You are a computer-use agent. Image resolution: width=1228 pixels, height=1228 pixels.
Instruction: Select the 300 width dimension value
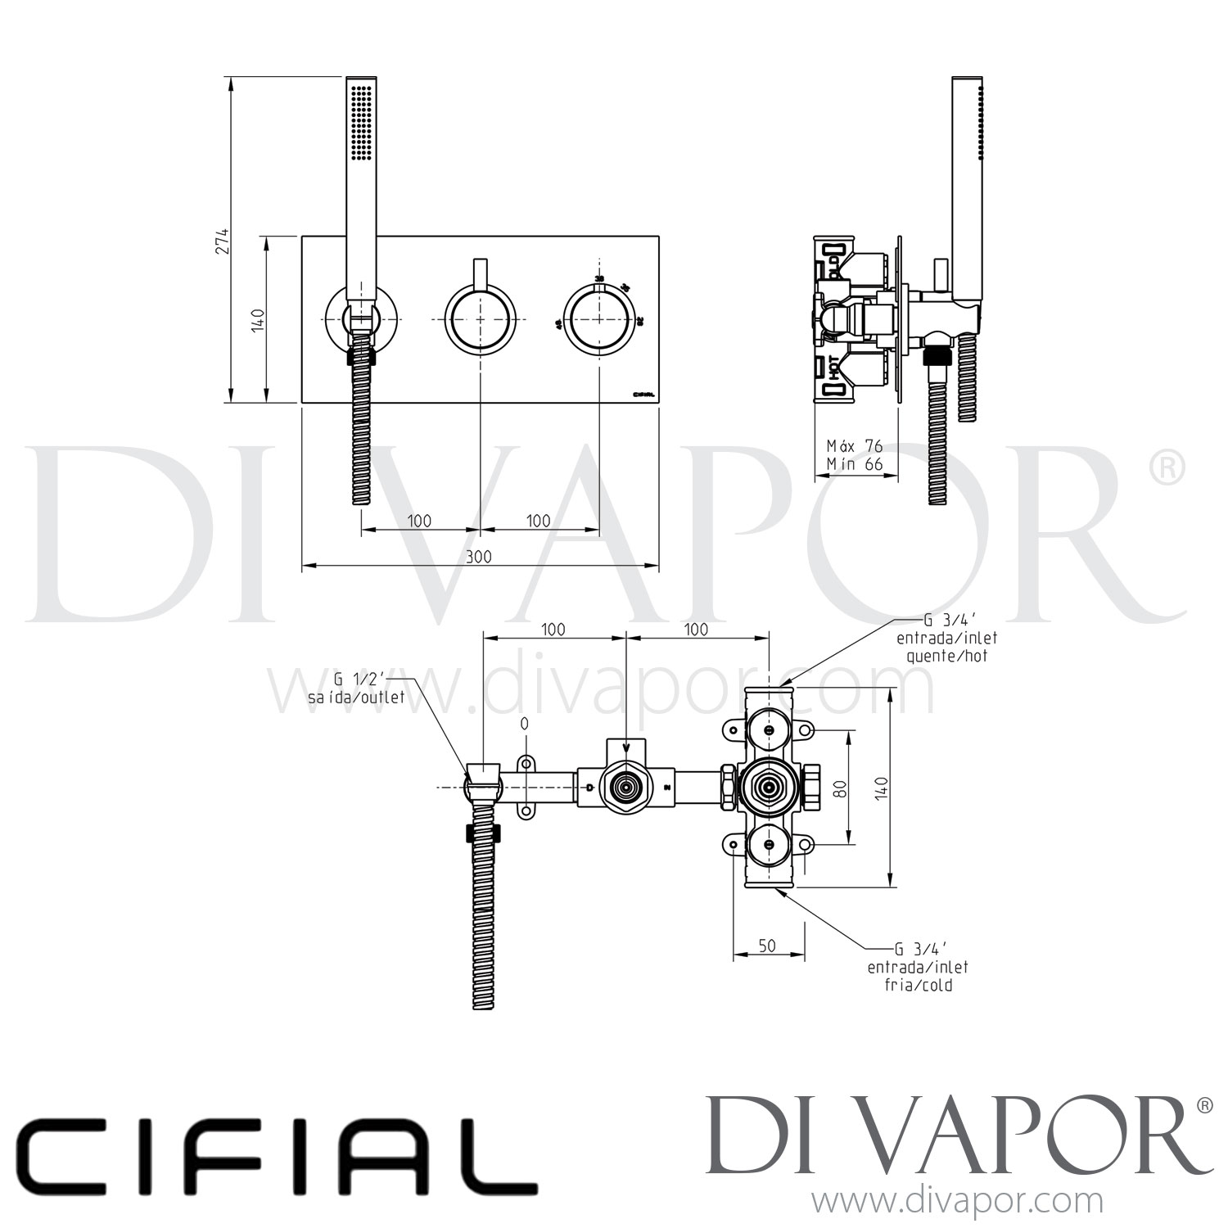[x=480, y=557]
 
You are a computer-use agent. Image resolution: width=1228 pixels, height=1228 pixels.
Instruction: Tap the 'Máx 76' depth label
[x=854, y=446]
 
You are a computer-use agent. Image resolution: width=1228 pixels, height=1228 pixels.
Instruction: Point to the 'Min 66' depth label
[x=854, y=464]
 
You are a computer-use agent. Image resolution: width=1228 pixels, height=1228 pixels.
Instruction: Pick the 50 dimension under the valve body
[x=766, y=946]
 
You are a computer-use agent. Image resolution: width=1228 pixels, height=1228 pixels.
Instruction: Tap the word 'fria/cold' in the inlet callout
[x=918, y=985]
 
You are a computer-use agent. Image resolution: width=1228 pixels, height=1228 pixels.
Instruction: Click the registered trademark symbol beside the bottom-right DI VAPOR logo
[x=1204, y=1105]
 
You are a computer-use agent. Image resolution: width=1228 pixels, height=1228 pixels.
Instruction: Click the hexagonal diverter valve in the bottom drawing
[x=626, y=788]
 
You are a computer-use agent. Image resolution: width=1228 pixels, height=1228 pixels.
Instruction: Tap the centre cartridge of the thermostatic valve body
[x=768, y=788]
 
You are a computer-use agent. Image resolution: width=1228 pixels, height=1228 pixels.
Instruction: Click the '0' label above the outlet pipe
[x=524, y=724]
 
